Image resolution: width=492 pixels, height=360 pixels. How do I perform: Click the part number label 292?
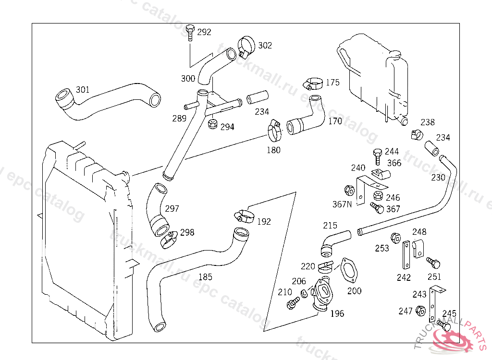[204, 33]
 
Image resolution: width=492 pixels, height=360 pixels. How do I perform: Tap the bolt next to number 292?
[190, 32]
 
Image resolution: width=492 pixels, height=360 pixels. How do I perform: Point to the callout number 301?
[83, 90]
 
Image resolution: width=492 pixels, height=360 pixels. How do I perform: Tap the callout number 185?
[205, 277]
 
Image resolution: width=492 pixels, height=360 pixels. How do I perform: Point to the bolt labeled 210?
[292, 303]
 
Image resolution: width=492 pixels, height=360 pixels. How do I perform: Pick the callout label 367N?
[342, 204]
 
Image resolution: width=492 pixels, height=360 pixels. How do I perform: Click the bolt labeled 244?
[377, 155]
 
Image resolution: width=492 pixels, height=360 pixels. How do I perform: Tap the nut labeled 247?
[419, 311]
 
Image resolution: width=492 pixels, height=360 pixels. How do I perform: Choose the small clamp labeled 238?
[416, 134]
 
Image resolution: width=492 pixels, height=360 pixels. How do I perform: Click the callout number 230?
[438, 178]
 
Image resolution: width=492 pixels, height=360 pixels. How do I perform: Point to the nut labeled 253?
[396, 237]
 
